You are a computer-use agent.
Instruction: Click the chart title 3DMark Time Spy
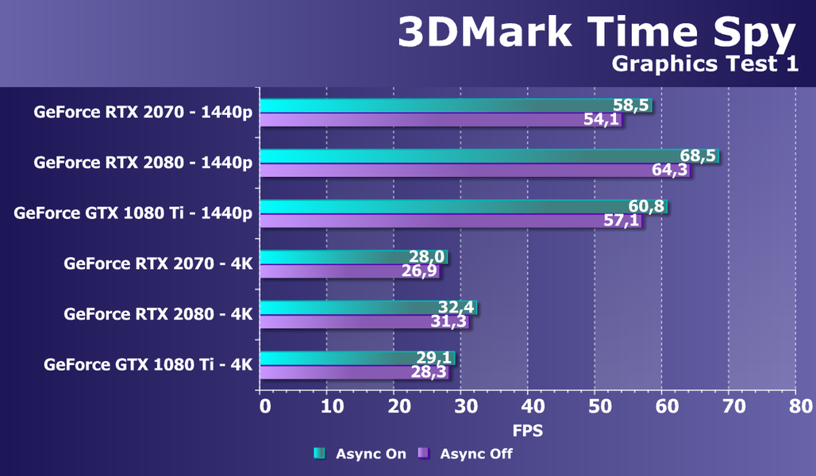(595, 33)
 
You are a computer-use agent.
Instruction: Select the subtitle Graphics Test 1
(705, 65)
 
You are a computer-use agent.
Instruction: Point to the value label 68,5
(698, 155)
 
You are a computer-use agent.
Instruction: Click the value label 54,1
(601, 121)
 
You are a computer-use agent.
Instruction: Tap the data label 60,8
(646, 206)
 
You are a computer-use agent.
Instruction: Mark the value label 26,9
(418, 271)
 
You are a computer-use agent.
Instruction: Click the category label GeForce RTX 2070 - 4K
(158, 263)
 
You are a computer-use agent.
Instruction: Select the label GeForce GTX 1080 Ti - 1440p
(133, 213)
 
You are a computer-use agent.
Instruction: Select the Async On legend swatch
(320, 454)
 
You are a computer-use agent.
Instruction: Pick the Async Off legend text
(476, 454)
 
